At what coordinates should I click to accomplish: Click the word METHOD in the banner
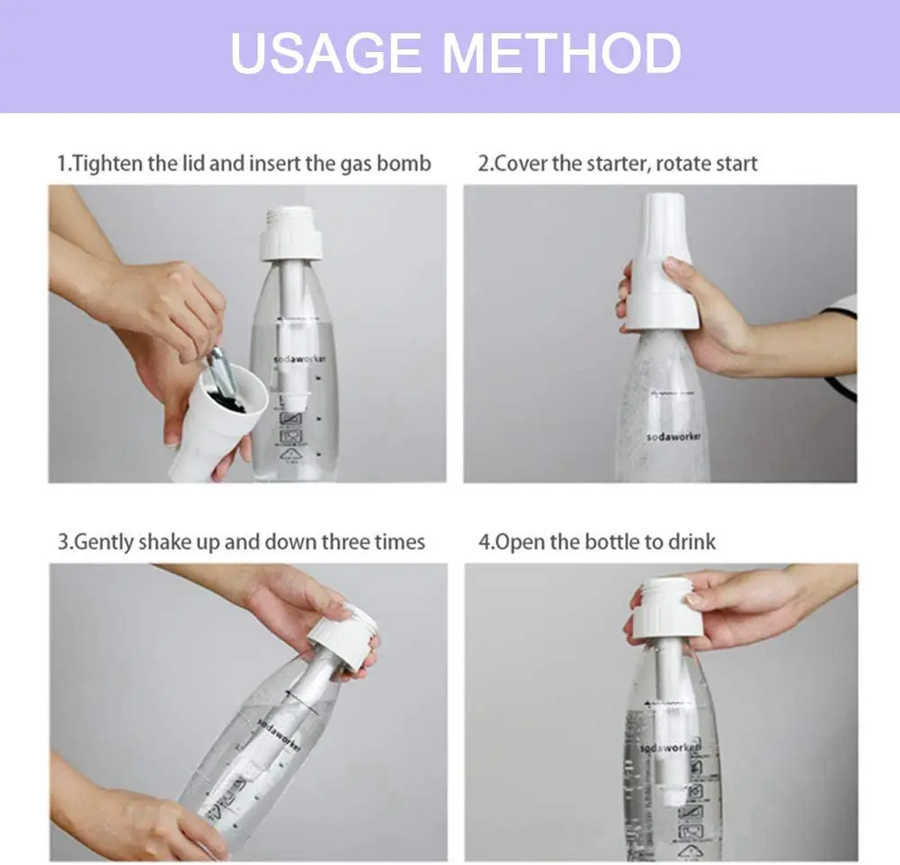pyautogui.click(x=562, y=55)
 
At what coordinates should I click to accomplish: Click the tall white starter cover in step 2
pyautogui.click(x=662, y=265)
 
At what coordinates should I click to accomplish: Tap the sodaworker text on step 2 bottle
pyautogui.click(x=673, y=437)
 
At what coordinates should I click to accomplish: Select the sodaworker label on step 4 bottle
pyautogui.click(x=671, y=747)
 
